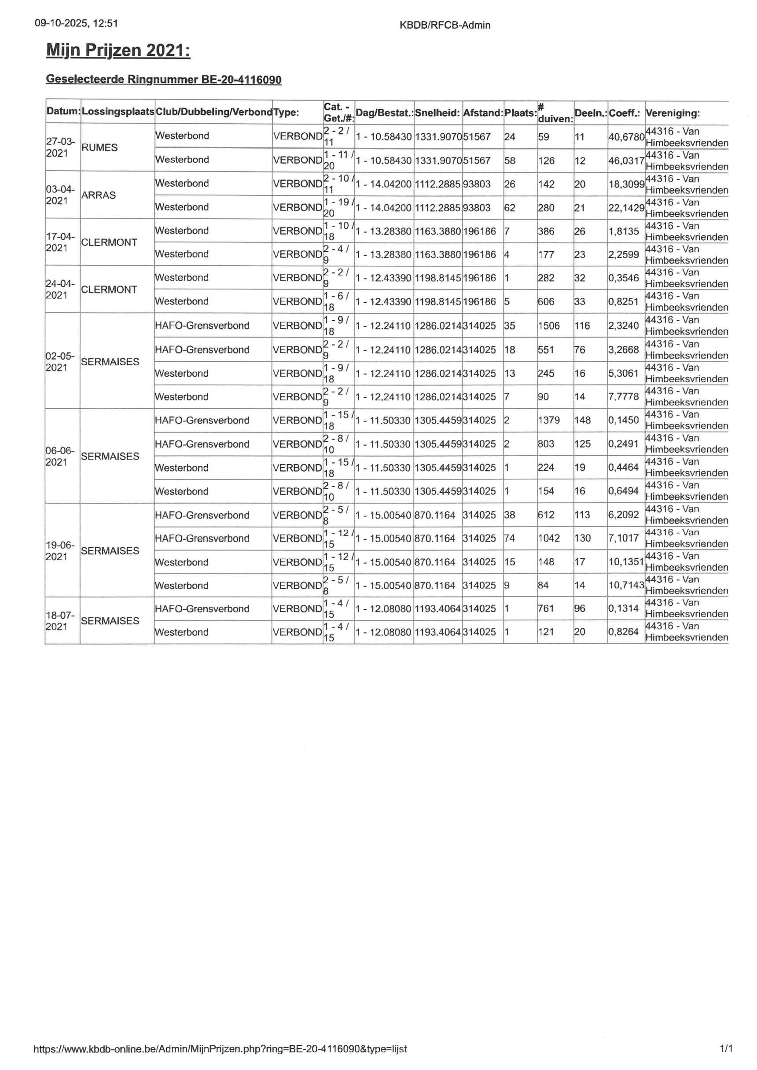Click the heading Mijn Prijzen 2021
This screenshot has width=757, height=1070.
click(118, 50)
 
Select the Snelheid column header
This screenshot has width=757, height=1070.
click(437, 113)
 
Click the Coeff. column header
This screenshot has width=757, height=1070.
click(624, 113)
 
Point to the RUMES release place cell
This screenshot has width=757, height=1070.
click(99, 147)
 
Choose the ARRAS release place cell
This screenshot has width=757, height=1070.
click(98, 195)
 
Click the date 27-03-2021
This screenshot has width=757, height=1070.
click(60, 147)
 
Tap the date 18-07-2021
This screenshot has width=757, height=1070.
click(60, 621)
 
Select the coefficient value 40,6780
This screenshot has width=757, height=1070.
click(626, 137)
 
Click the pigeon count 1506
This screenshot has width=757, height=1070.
click(549, 326)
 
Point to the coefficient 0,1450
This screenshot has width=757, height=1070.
click(623, 420)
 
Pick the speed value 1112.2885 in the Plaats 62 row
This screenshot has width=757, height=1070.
click(437, 207)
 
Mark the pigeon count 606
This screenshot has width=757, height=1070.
click(546, 301)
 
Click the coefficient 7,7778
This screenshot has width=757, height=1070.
click(623, 396)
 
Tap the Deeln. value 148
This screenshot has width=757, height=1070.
click(582, 420)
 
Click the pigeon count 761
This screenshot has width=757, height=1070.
click(546, 608)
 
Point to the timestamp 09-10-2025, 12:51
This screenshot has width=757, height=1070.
click(76, 23)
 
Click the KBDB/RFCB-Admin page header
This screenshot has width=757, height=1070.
click(445, 25)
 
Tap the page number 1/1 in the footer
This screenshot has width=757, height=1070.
click(726, 1048)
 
